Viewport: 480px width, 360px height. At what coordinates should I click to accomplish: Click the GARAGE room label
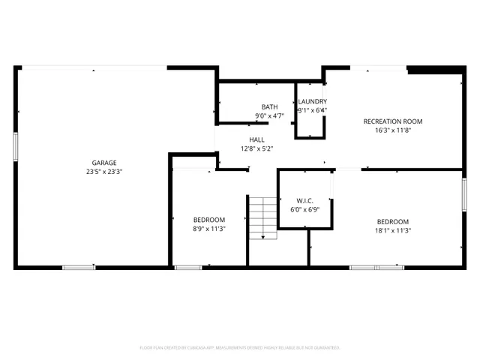coord(104,163)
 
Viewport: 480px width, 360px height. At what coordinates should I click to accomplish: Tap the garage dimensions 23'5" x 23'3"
coord(104,171)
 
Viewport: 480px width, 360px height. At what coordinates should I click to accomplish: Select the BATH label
coord(269,107)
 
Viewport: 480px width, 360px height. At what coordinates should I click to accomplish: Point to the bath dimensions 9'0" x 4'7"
coord(269,116)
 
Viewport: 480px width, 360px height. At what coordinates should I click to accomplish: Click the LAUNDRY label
coord(312,102)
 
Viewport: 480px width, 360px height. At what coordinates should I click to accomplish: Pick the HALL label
coord(256,140)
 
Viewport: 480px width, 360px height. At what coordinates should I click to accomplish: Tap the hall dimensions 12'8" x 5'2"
coord(256,148)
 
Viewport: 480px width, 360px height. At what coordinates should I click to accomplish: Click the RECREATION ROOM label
coord(393,121)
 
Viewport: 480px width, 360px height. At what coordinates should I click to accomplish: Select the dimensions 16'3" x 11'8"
coord(393,130)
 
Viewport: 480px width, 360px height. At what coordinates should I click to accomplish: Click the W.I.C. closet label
coord(304,201)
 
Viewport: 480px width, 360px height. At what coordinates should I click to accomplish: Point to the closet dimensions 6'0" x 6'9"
coord(304,209)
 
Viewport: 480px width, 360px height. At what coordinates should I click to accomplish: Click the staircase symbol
coord(263,218)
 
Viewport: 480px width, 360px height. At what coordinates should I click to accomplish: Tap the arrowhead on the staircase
coord(263,237)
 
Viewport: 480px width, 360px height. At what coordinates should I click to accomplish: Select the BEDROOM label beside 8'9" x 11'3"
coord(209,220)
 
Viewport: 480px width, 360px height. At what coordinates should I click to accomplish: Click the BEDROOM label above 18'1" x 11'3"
coord(393,221)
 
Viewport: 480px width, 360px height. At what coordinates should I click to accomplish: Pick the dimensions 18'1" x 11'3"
coord(393,230)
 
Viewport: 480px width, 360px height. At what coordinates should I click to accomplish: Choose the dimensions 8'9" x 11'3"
coord(209,229)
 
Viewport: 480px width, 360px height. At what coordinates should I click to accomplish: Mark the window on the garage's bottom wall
coord(78,267)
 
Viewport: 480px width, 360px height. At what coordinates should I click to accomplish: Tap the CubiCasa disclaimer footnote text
coord(240,348)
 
